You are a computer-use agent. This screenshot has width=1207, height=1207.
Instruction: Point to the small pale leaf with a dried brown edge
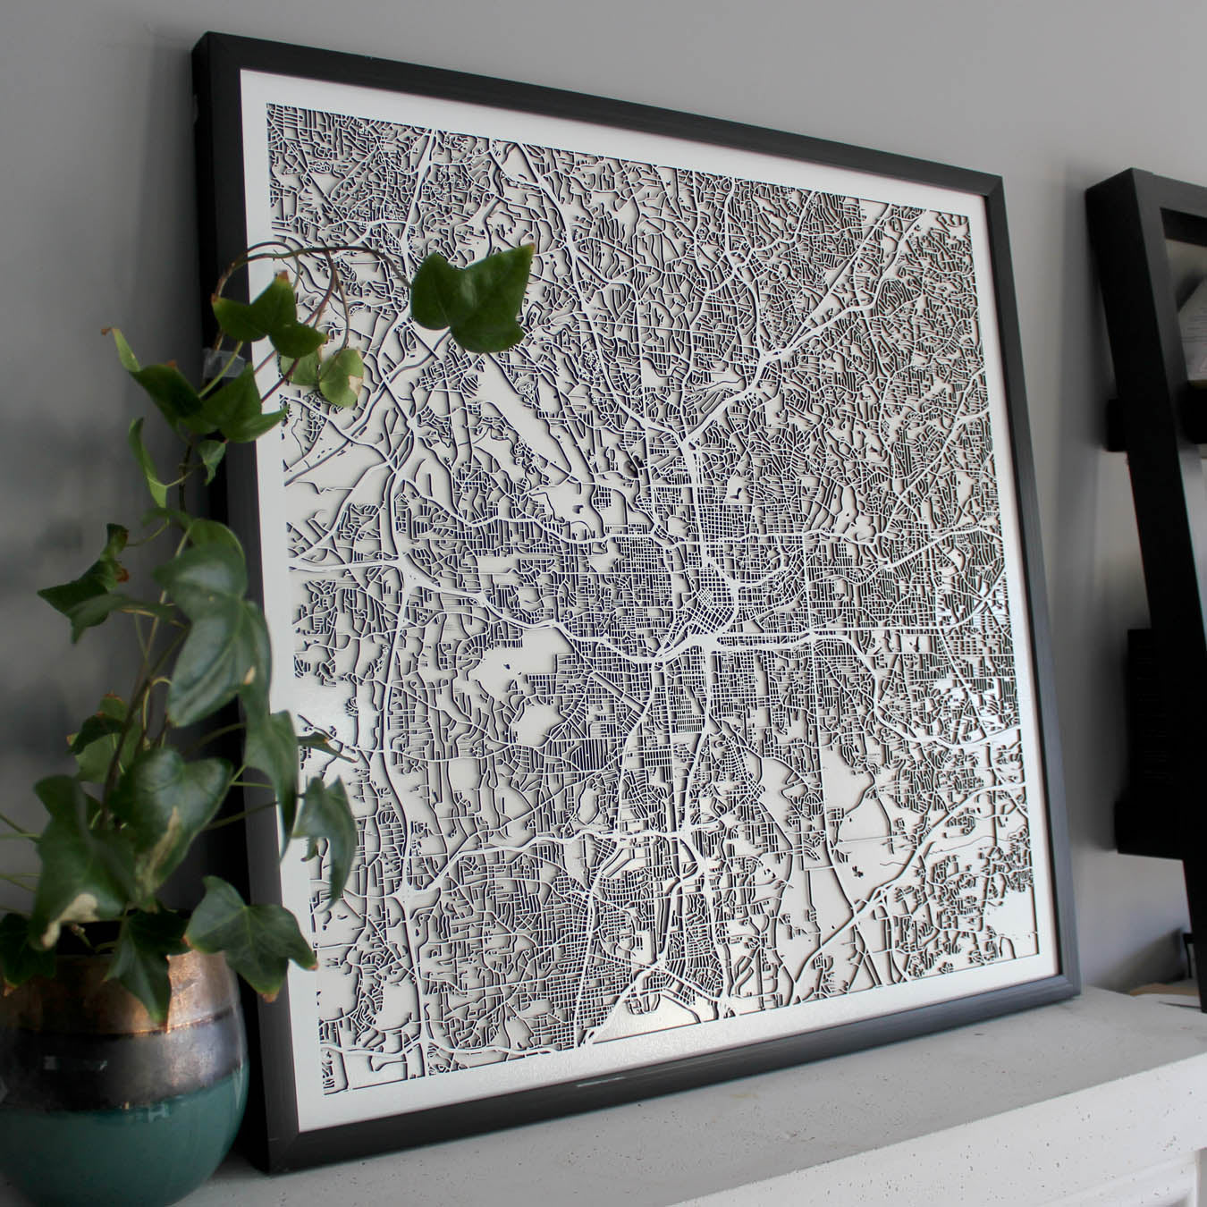point(342,374)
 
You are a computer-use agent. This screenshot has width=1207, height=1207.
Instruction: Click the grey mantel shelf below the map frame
point(805,1118)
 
